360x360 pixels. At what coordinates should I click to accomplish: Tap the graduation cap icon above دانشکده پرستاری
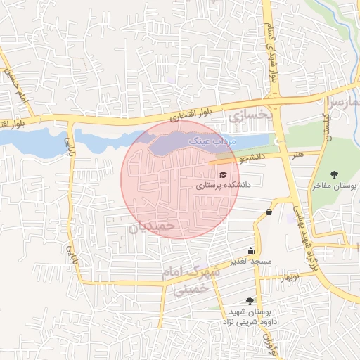[x=223, y=175]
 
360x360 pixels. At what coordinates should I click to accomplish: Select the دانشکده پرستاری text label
[x=223, y=186]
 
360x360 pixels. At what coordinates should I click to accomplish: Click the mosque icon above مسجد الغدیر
[x=250, y=251]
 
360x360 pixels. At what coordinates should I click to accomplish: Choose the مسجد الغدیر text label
[x=250, y=262]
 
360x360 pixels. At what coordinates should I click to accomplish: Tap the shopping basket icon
[x=269, y=212]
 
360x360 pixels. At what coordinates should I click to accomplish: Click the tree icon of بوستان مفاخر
[x=334, y=174]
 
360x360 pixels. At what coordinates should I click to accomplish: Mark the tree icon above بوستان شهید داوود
[x=250, y=301]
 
